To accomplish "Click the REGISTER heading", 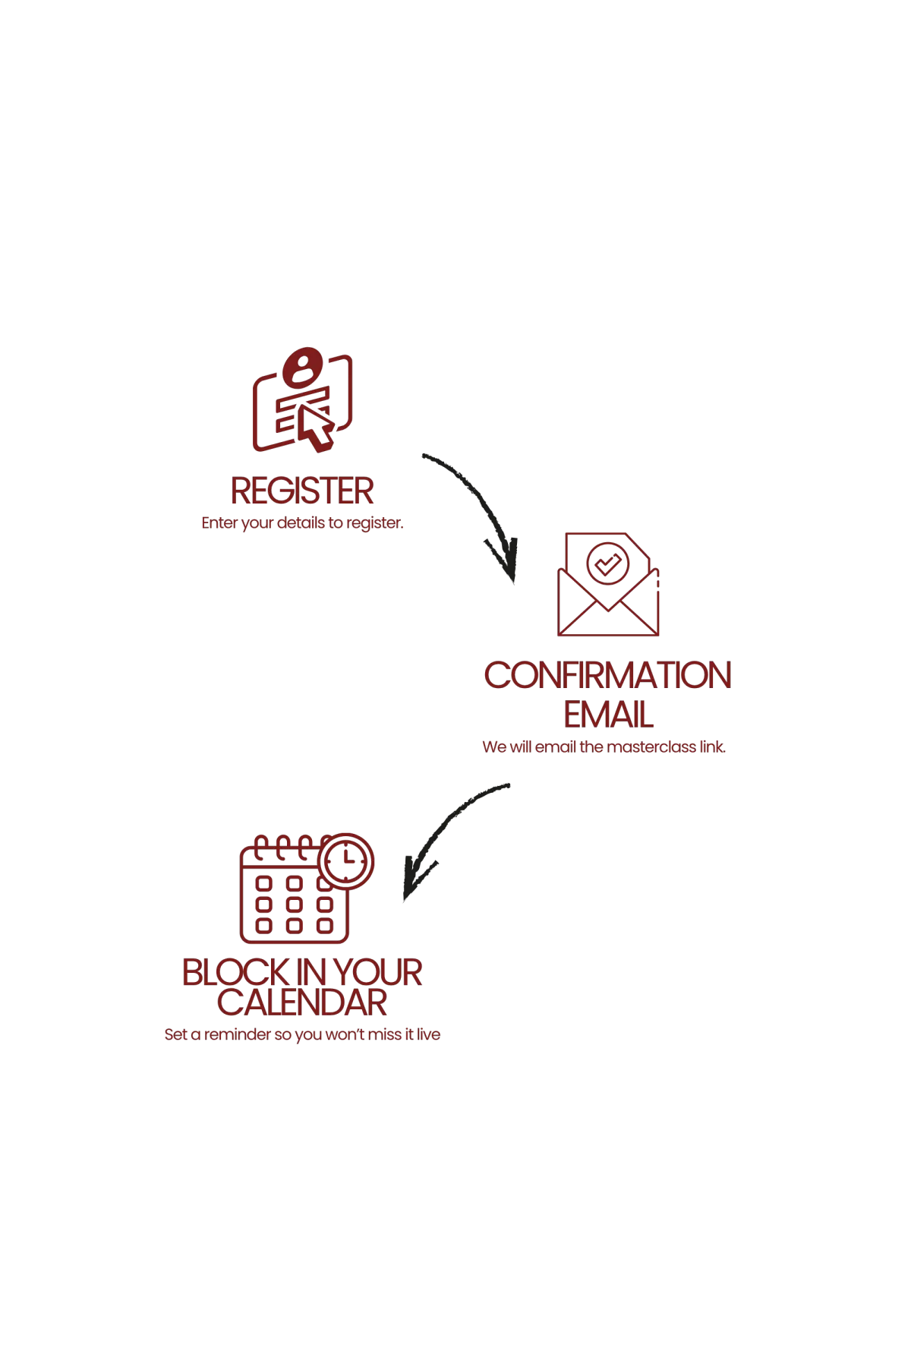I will pos(302,491).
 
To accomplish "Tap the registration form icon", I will pos(301,403).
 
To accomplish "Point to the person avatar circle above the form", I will pos(304,371).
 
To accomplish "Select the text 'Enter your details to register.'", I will pos(303,524).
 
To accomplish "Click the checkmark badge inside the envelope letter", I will pos(607,564).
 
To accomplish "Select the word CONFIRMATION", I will pos(609,676).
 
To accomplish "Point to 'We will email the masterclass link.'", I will pos(604,747).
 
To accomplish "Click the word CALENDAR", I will pos(303,1004).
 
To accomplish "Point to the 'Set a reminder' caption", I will pos(303,1035).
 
